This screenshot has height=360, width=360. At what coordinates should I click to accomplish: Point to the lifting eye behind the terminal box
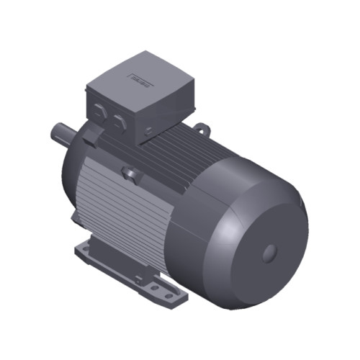pos(202,130)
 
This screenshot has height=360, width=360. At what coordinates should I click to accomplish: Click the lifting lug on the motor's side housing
pos(130,173)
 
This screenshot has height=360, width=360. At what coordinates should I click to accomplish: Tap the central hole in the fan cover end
pos(270,252)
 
